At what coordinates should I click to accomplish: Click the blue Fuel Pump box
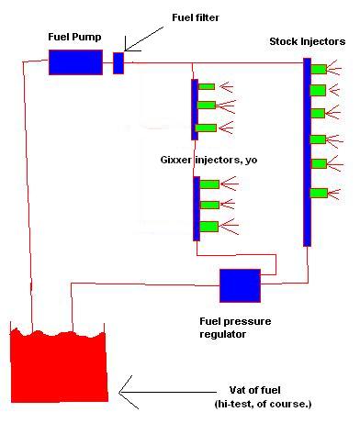point(75,62)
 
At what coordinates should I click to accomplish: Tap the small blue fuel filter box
point(118,63)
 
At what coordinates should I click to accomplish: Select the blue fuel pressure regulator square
point(240,285)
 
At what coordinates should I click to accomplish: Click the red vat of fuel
point(59,366)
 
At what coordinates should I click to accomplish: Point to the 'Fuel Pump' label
point(74,38)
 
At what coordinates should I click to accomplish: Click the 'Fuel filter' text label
point(196,17)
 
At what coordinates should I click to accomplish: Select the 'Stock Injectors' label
point(308,41)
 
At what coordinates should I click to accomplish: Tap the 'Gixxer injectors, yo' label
point(208,160)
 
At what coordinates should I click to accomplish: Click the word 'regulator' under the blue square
point(222,334)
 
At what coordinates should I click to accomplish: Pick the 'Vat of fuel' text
point(254,390)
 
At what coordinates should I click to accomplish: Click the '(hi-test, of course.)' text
point(263,404)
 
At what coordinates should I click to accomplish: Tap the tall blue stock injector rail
point(307,152)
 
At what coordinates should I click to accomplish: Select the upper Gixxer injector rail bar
point(195,109)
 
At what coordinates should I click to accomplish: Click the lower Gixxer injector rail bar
point(197,208)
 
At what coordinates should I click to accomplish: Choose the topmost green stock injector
point(319,69)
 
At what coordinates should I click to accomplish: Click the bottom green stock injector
point(319,194)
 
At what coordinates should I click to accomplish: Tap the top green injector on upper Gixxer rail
point(207,86)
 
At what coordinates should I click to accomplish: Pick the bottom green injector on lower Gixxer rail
point(209,227)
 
